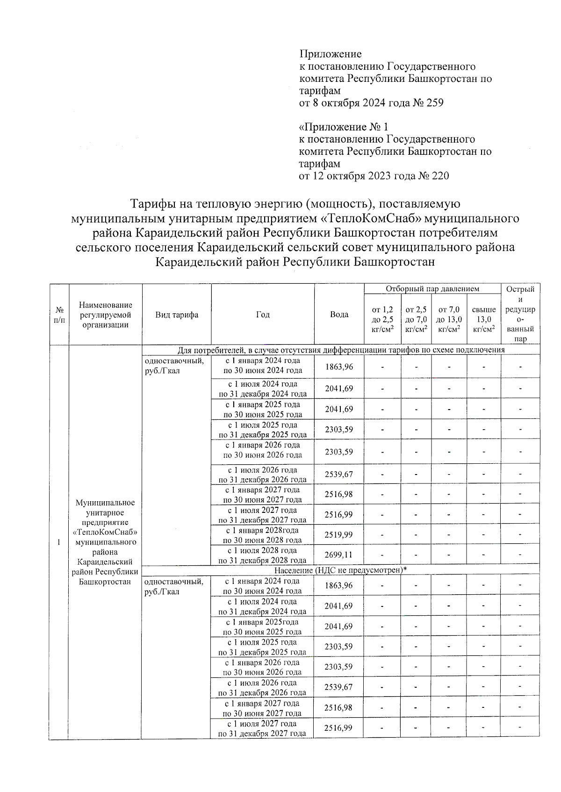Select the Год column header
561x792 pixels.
tap(263, 315)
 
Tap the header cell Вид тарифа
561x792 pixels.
tap(177, 315)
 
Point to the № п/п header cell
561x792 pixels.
tap(59, 315)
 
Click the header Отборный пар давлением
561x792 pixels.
tap(432, 289)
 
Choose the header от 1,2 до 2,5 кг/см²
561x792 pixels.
tap(382, 319)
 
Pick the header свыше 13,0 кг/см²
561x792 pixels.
tap(484, 319)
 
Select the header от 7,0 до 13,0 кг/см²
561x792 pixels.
tap(449, 319)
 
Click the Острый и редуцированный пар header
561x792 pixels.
tap(520, 314)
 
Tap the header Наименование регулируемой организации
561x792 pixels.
tap(106, 315)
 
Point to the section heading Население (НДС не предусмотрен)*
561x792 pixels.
tap(340, 570)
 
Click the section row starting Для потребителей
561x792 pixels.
tap(341, 350)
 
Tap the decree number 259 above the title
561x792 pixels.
tap(435, 103)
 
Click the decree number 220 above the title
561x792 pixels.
tap(440, 176)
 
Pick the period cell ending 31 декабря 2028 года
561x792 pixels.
tap(262, 555)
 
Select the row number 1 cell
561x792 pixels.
tap(59, 542)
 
